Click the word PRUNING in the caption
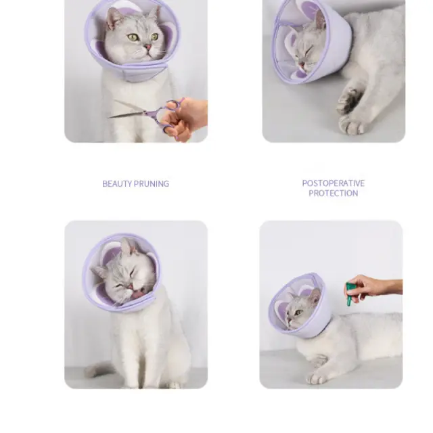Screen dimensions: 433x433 [x=151, y=184]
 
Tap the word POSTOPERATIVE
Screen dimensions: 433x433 [x=334, y=183]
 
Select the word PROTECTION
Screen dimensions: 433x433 [x=334, y=193]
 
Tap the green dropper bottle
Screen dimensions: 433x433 [x=350, y=294]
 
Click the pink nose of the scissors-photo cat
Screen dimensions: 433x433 [x=148, y=47]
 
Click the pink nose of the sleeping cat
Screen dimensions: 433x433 [x=302, y=64]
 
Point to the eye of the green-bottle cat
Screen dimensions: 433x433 [x=298, y=313]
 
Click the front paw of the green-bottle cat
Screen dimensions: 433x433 [x=317, y=377]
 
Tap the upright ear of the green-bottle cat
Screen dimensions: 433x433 [x=315, y=298]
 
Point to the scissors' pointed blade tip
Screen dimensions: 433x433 [x=108, y=118]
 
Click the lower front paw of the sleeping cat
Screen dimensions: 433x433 [x=351, y=124]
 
